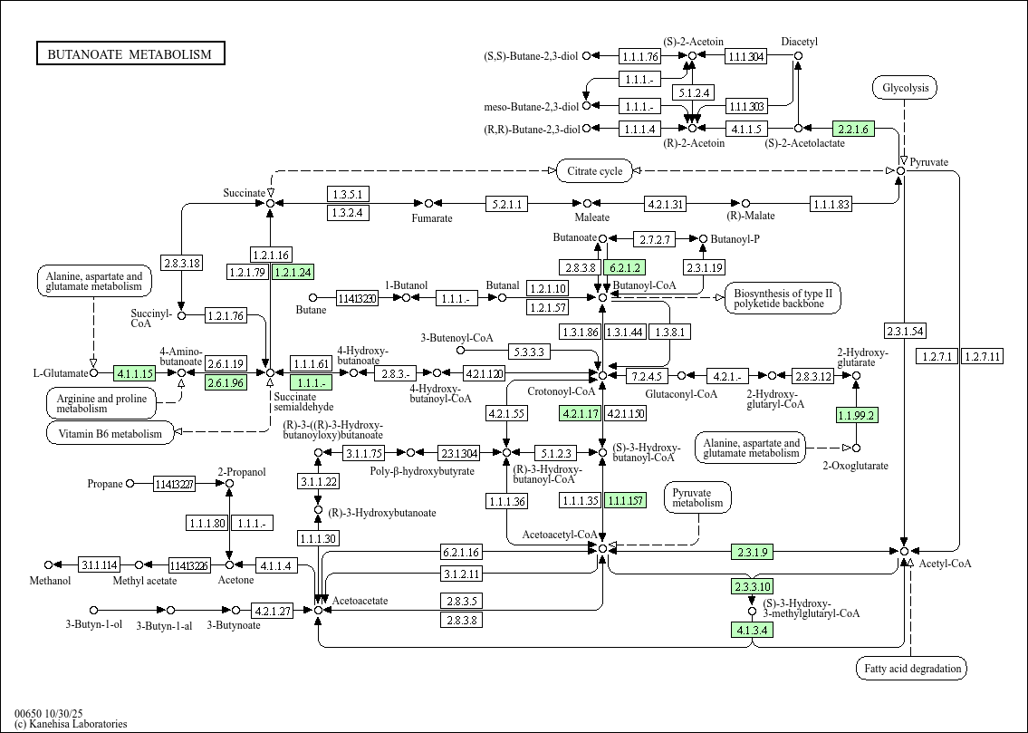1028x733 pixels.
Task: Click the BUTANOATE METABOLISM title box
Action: click(x=130, y=54)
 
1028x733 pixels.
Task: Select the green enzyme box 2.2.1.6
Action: click(x=853, y=129)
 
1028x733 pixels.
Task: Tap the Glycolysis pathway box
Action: click(x=904, y=88)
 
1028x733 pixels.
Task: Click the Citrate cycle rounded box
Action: click(x=593, y=170)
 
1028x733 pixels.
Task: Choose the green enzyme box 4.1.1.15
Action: click(x=134, y=372)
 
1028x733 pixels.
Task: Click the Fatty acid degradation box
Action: click(x=911, y=669)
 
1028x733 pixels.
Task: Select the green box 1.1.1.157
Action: click(x=626, y=501)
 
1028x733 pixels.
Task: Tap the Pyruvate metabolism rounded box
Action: click(x=697, y=497)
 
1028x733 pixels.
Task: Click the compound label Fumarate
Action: click(x=432, y=218)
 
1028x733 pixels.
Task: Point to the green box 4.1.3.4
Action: click(x=752, y=629)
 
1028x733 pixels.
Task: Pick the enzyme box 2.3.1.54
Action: click(x=905, y=331)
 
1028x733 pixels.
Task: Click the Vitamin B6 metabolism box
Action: click(x=110, y=433)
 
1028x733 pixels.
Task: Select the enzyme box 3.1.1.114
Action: click(x=100, y=565)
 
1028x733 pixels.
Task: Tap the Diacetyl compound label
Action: click(x=799, y=42)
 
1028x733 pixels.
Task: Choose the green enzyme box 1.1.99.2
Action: click(x=857, y=415)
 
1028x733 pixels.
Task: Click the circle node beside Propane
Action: click(x=130, y=484)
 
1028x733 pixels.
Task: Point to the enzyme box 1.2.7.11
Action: click(x=982, y=356)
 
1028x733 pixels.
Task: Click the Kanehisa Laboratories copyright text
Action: click(x=71, y=724)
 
